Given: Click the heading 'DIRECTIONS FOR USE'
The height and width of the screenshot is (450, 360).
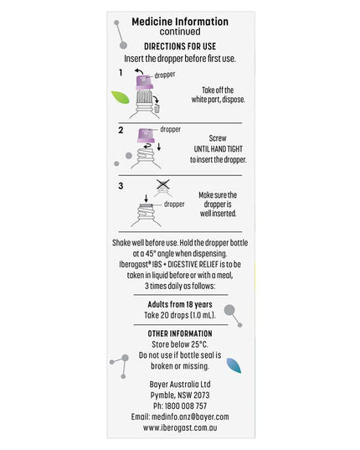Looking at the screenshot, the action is point(180,46).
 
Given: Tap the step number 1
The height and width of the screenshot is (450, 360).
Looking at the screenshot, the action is point(121,72).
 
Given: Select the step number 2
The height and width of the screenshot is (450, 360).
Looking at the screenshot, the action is point(121,130).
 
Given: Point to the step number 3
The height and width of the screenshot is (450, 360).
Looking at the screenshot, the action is point(121,186).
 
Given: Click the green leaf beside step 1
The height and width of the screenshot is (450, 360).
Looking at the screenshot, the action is point(120,97).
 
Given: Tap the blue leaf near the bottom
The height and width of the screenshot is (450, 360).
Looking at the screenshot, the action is point(234,365).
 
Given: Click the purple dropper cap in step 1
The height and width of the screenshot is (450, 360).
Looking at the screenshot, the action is point(144,83).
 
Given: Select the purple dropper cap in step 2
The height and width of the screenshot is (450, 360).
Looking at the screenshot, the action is point(147,136).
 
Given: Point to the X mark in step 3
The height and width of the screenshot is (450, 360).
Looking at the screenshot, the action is point(162,184).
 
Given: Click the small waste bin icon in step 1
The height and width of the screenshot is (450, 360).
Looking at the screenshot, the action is point(157,109).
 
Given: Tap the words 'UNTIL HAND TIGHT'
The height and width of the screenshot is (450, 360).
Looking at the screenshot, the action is point(219,149).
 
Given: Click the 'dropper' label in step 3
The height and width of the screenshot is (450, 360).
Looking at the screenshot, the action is point(174,204).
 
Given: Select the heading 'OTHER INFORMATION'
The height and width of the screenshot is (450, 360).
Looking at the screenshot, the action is point(180,334).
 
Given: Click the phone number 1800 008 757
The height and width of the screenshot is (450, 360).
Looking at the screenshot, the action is point(186,406).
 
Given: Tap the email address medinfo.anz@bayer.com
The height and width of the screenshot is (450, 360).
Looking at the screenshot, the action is point(190,416).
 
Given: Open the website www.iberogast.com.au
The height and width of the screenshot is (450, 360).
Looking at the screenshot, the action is point(180,427).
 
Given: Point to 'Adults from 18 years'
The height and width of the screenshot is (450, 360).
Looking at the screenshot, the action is point(180,304).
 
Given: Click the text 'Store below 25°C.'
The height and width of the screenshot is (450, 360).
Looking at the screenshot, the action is point(180,344).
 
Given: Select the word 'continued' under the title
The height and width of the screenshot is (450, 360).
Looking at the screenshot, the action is point(180,32).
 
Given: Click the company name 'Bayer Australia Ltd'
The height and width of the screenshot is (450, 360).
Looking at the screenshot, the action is point(180,385).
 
